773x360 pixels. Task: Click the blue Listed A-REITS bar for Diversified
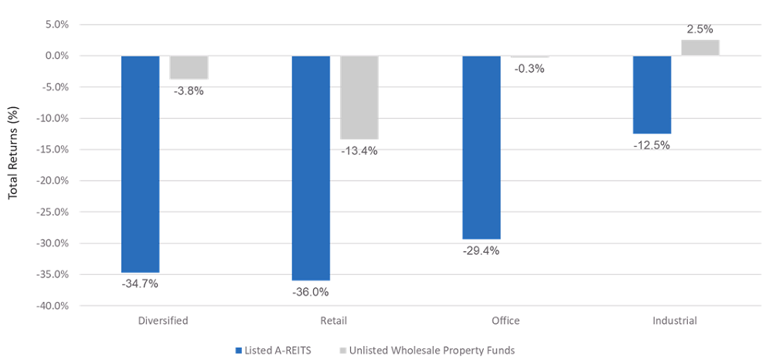click(x=140, y=164)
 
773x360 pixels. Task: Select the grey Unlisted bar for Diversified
click(x=189, y=67)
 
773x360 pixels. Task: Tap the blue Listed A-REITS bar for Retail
click(x=311, y=168)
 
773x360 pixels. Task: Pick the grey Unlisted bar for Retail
click(x=359, y=97)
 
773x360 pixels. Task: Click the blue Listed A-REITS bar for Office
click(x=482, y=148)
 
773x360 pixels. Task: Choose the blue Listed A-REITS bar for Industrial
click(x=652, y=94)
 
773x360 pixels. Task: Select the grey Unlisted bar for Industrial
click(x=700, y=48)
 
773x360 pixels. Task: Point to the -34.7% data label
click(x=140, y=284)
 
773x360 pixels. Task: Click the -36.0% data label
click(x=311, y=292)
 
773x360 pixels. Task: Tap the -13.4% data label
click(x=359, y=151)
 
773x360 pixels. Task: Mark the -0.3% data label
click(x=530, y=69)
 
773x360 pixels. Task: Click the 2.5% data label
click(x=700, y=29)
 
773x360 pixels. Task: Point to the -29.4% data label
click(x=482, y=251)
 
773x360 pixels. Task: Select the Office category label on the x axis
click(x=505, y=321)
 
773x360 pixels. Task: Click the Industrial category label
click(x=676, y=321)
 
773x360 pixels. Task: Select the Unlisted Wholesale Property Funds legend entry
click(x=426, y=350)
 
